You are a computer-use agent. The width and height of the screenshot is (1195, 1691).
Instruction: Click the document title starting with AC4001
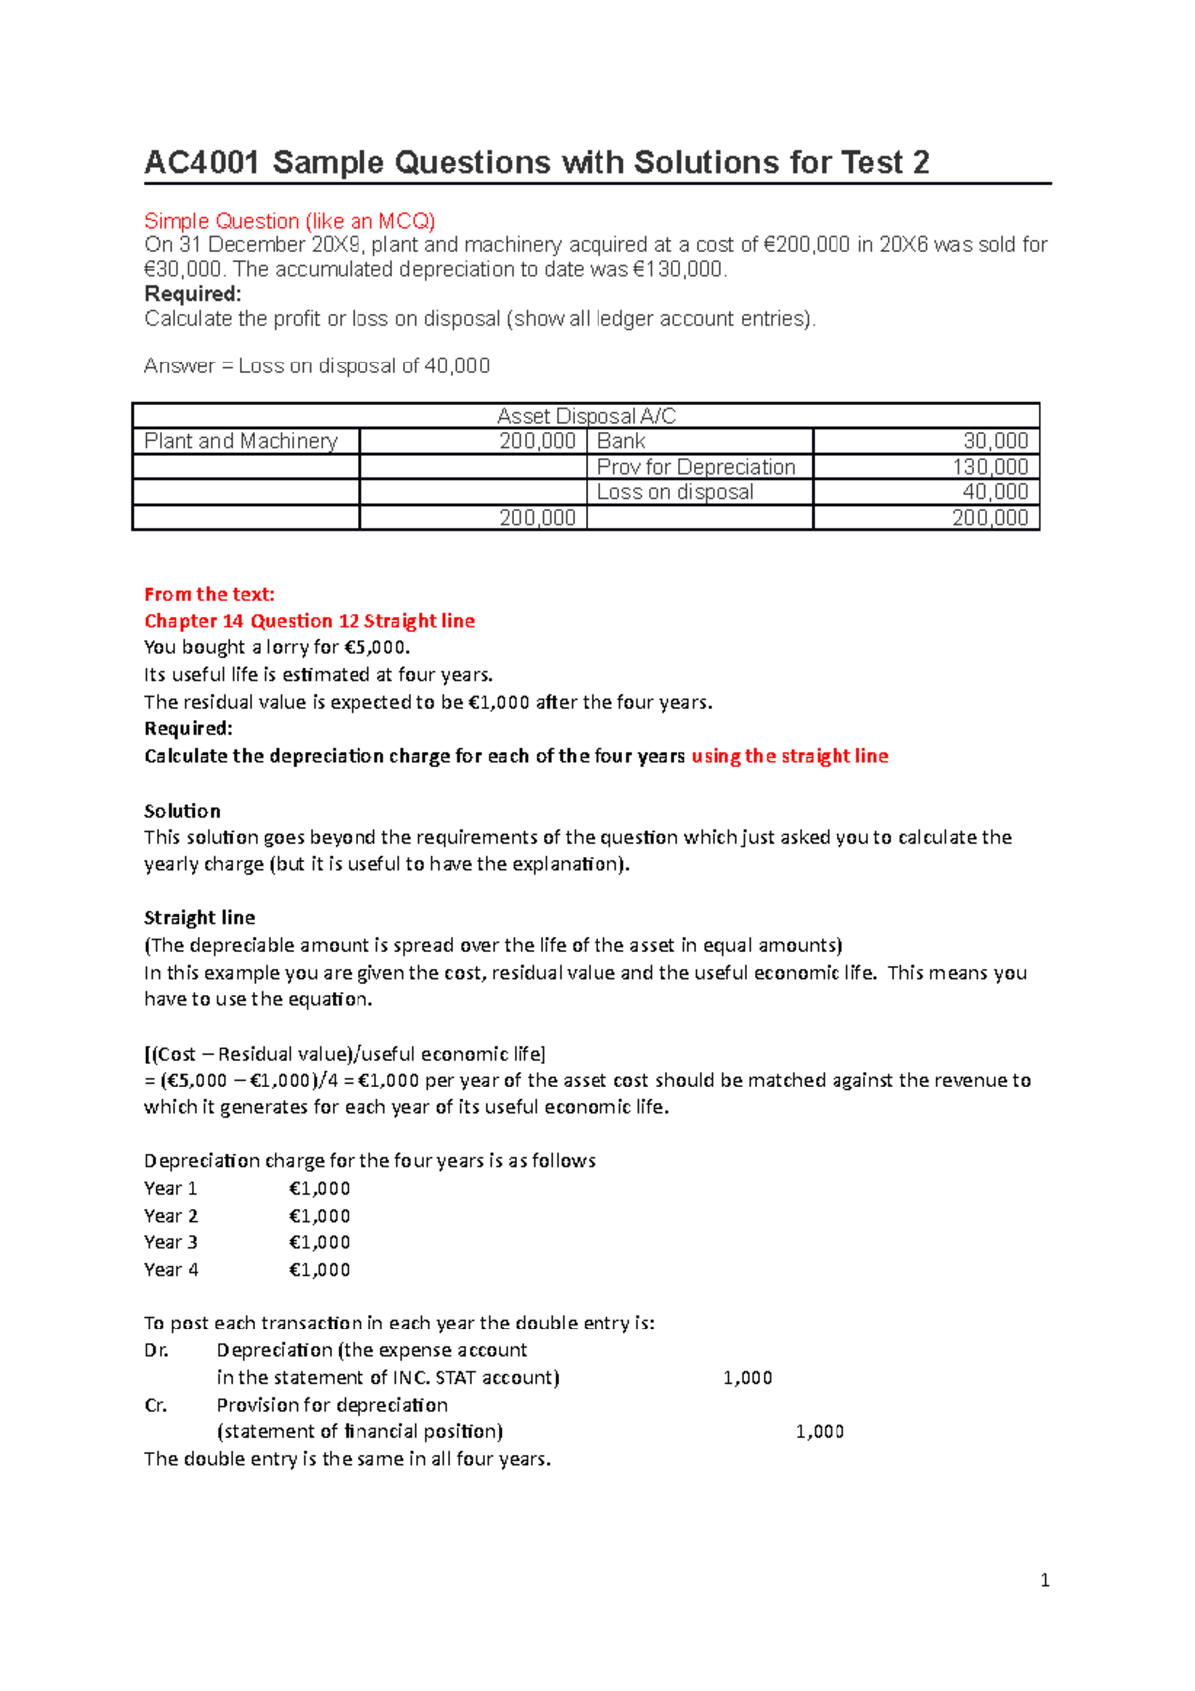tap(537, 163)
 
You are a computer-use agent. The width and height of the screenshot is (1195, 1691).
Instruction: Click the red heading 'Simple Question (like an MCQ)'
tap(290, 221)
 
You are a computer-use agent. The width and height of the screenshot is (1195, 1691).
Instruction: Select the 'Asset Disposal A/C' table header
tap(586, 416)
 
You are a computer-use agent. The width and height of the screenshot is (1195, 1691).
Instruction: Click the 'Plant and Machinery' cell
tap(241, 441)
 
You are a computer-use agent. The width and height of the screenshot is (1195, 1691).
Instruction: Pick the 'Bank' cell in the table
tap(621, 441)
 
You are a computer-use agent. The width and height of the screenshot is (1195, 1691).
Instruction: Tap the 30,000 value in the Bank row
tap(995, 441)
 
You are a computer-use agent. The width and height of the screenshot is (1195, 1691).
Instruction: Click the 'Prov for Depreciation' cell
tap(695, 467)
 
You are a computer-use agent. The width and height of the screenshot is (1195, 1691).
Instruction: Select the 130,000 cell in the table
tap(990, 467)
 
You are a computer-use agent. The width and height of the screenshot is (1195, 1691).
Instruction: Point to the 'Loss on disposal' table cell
tap(674, 492)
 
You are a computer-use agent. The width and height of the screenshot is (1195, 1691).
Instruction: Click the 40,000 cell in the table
tap(995, 492)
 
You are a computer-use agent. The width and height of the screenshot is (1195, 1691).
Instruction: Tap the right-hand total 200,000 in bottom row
tap(990, 518)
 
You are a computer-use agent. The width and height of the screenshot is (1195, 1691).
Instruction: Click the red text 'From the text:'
tap(209, 594)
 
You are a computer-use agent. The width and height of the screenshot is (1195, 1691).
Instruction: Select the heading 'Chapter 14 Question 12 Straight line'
tap(310, 621)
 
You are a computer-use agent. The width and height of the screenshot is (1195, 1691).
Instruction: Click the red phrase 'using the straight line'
tap(790, 756)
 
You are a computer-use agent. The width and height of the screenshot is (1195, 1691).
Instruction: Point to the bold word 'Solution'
tap(182, 811)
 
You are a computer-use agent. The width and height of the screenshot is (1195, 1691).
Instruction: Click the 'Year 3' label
tap(171, 1242)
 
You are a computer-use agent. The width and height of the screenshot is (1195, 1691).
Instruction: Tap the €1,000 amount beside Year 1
tap(319, 1188)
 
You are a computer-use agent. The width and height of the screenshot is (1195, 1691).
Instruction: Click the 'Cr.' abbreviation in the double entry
tap(155, 1405)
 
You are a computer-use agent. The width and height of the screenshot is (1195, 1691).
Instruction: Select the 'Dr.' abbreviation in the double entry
tap(156, 1350)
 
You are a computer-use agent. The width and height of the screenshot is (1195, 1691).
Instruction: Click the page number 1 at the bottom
tap(1044, 1580)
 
